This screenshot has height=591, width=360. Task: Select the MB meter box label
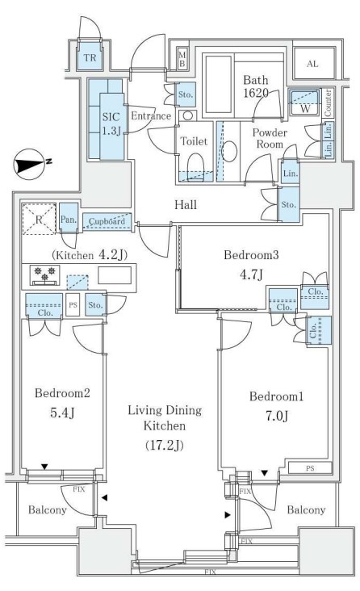[182, 60]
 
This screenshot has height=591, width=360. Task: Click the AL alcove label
[312, 64]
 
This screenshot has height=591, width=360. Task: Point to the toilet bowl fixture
[195, 164]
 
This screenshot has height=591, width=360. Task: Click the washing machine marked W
[304, 103]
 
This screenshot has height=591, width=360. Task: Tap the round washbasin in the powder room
[229, 152]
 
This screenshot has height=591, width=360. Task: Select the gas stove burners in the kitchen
[44, 275]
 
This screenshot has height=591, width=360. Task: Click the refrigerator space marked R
[40, 219]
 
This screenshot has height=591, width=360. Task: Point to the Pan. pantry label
[69, 219]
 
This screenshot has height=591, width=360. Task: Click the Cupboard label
[107, 221]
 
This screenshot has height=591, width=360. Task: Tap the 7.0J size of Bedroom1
[277, 416]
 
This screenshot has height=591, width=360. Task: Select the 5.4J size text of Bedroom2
[62, 413]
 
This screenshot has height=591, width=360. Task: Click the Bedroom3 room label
[251, 255]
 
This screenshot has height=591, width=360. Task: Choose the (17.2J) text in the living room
[165, 445]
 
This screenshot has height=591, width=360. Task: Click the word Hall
[186, 204]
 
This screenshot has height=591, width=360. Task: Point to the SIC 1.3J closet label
[111, 124]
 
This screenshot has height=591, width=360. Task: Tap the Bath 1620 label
[256, 86]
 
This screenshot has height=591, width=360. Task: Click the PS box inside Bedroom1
[310, 468]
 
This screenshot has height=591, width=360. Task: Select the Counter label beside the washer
[328, 103]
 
